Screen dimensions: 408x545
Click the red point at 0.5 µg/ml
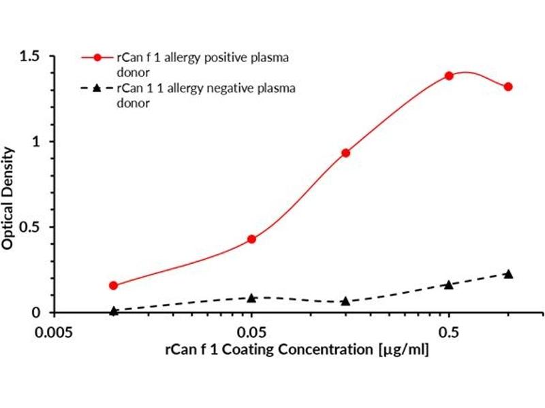tap(449, 75)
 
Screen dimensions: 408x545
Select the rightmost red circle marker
tap(508, 87)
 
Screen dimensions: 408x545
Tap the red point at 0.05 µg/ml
tap(252, 239)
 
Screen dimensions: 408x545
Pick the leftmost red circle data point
tap(114, 286)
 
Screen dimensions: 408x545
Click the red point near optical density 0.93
tap(346, 153)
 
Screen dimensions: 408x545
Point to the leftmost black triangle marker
tap(114, 311)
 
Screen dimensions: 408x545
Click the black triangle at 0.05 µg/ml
tap(252, 298)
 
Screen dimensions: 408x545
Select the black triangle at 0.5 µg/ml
tap(449, 284)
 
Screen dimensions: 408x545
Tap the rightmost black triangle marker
tap(508, 273)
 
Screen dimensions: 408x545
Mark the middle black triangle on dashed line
tap(346, 301)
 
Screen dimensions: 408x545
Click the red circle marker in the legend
tap(97, 58)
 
